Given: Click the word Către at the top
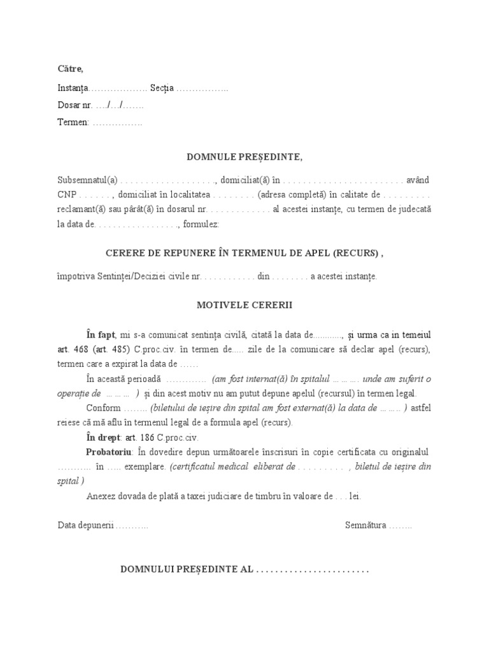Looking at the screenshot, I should coord(70,69).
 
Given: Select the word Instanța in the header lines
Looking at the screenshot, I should coord(73,87).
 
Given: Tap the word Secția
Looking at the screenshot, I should coord(162,87).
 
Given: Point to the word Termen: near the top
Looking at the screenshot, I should coord(73,122).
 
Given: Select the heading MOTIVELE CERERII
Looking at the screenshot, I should coord(244,305).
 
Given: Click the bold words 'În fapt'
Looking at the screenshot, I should coord(101,334).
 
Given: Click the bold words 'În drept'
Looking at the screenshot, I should coord(104,438).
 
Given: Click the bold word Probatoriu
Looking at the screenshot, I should coord(110,452).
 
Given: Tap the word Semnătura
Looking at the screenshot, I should coord(365,525).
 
